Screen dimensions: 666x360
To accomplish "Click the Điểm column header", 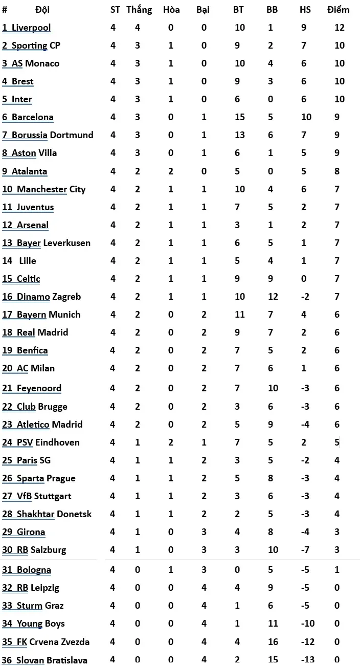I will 339,10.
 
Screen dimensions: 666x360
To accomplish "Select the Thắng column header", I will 139,10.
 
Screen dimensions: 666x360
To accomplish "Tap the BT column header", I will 238,10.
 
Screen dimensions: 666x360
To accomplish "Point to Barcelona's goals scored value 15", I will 239,117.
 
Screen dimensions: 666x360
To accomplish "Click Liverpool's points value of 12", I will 339,28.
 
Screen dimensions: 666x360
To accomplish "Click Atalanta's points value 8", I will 337,171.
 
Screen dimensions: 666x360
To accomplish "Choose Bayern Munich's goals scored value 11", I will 239,315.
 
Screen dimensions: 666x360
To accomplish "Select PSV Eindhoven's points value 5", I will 337,442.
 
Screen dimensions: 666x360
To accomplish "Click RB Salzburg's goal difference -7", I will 305,550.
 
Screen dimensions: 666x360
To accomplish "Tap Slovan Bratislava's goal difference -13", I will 308,660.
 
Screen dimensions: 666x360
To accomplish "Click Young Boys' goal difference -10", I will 308,624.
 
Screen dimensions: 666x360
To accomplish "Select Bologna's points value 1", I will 337,570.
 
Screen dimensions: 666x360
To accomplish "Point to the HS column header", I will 305,10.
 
